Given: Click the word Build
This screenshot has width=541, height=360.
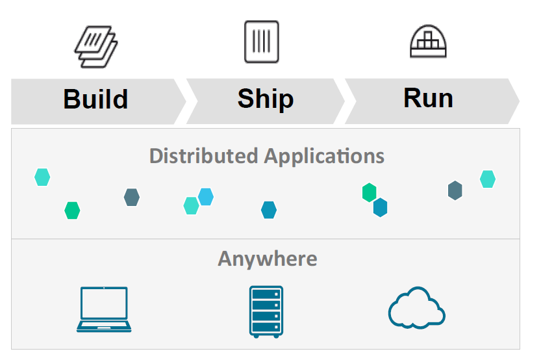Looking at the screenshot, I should click(95, 99).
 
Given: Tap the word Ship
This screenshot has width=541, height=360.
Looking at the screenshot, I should click(266, 99).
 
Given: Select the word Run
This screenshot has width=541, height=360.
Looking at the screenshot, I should click(428, 98).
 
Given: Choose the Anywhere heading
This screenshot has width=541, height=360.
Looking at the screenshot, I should click(268, 259).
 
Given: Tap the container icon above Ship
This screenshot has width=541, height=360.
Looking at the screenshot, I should click(262, 42).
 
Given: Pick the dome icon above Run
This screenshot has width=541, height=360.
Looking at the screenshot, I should click(429, 43).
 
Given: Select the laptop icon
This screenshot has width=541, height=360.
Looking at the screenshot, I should click(104, 309).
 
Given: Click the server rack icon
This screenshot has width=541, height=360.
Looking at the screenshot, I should click(266, 311).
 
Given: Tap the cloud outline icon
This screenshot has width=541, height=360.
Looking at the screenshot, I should click(417, 308).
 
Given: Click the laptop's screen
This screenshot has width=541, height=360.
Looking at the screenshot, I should click(104, 303).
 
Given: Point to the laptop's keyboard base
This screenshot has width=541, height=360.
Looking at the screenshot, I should click(104, 326).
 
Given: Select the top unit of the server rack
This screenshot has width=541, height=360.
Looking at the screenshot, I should click(266, 294).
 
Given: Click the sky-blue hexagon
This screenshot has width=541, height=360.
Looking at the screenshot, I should click(206, 196).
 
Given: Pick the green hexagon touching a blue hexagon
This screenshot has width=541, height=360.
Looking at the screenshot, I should click(369, 192).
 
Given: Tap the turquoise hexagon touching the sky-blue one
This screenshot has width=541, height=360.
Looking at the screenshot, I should click(191, 205).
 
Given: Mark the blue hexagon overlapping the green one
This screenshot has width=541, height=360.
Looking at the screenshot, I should click(380, 207).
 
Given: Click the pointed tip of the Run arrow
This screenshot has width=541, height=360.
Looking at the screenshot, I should click(518, 101).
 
